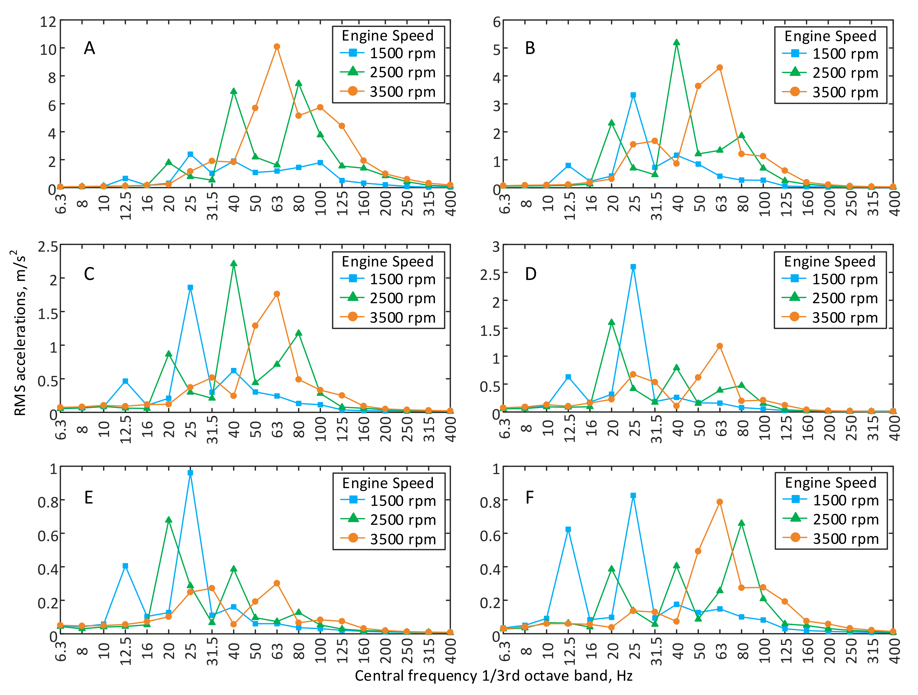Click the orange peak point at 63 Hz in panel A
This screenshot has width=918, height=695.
[x=277, y=46]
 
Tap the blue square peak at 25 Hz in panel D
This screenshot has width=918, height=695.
[x=633, y=267]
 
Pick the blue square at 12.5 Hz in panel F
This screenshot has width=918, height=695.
[x=568, y=529]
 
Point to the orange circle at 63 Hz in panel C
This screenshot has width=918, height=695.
[x=277, y=294]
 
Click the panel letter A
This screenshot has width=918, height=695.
[x=89, y=48]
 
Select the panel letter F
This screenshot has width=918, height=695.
[x=530, y=497]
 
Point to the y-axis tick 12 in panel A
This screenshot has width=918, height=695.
[x=48, y=21]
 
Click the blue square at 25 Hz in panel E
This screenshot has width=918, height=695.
[x=190, y=473]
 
